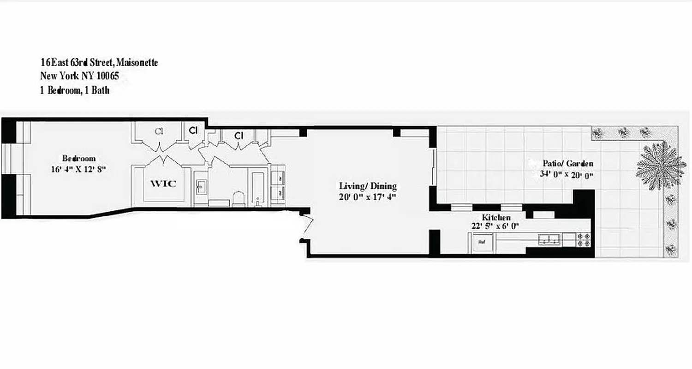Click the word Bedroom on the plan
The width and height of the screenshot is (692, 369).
click(79, 159)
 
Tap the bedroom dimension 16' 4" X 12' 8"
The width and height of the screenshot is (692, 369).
click(79, 169)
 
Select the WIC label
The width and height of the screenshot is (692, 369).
click(163, 184)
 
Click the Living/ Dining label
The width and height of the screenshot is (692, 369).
click(368, 186)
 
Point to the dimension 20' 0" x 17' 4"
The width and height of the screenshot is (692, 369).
click(368, 197)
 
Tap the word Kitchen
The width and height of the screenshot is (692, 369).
click(496, 217)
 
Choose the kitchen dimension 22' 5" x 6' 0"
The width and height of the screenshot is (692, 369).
click(496, 226)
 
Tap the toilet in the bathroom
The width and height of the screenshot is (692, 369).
click(238, 198)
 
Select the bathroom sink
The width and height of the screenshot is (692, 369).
click(201, 187)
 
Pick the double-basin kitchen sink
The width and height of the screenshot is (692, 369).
click(549, 239)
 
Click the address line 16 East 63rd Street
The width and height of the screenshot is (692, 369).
click(99, 62)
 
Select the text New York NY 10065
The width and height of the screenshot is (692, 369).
click(79, 76)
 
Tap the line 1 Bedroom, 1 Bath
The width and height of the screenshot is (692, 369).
click(75, 90)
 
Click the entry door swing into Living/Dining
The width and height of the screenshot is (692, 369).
click(308, 226)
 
